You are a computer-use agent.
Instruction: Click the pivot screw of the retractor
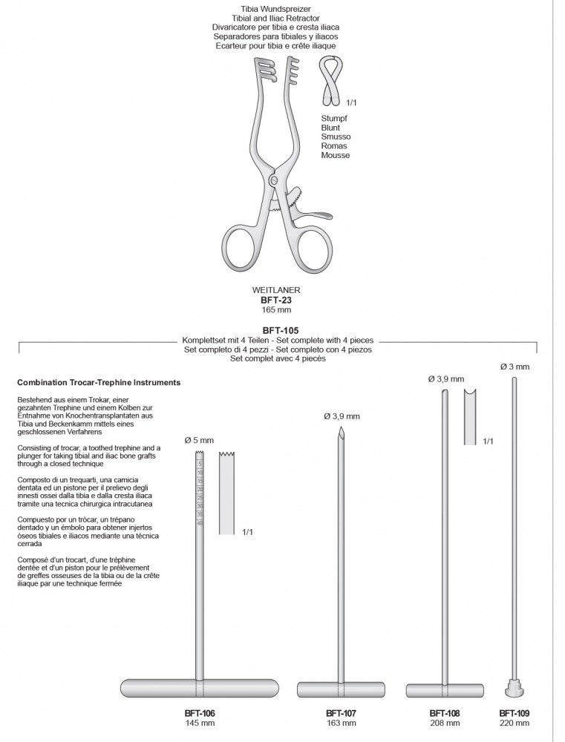pyautogui.click(x=275, y=180)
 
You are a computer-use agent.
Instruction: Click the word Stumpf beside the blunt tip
pyautogui.click(x=334, y=118)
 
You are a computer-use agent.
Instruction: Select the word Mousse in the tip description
pyautogui.click(x=335, y=156)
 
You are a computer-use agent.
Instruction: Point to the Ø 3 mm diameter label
pyautogui.click(x=515, y=367)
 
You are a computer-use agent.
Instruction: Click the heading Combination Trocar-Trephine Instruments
pyautogui.click(x=99, y=383)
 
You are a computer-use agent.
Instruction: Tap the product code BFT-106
pyautogui.click(x=200, y=713)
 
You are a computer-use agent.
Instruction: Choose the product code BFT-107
pyautogui.click(x=341, y=713)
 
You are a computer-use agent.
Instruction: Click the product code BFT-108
pyautogui.click(x=445, y=713)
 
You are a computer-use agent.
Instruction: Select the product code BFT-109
pyautogui.click(x=515, y=713)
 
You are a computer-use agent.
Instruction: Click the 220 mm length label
pyautogui.click(x=515, y=723)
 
